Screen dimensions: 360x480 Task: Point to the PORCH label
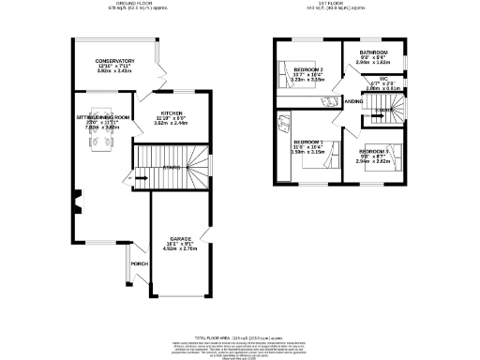pos(139,263)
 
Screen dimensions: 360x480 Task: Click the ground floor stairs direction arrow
pos(137,178)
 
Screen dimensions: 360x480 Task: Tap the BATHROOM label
pos(373,53)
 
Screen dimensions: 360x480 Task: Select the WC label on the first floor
pos(384,80)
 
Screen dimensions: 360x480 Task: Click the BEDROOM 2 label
pos(308,70)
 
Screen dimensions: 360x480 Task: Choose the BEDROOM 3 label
pos(372,150)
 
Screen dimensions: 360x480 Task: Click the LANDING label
pos(353,99)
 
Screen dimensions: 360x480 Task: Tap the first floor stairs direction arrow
pos(382,110)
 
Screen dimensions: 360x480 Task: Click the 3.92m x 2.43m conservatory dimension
pos(115,72)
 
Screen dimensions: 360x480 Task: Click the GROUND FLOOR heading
pos(132,3)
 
